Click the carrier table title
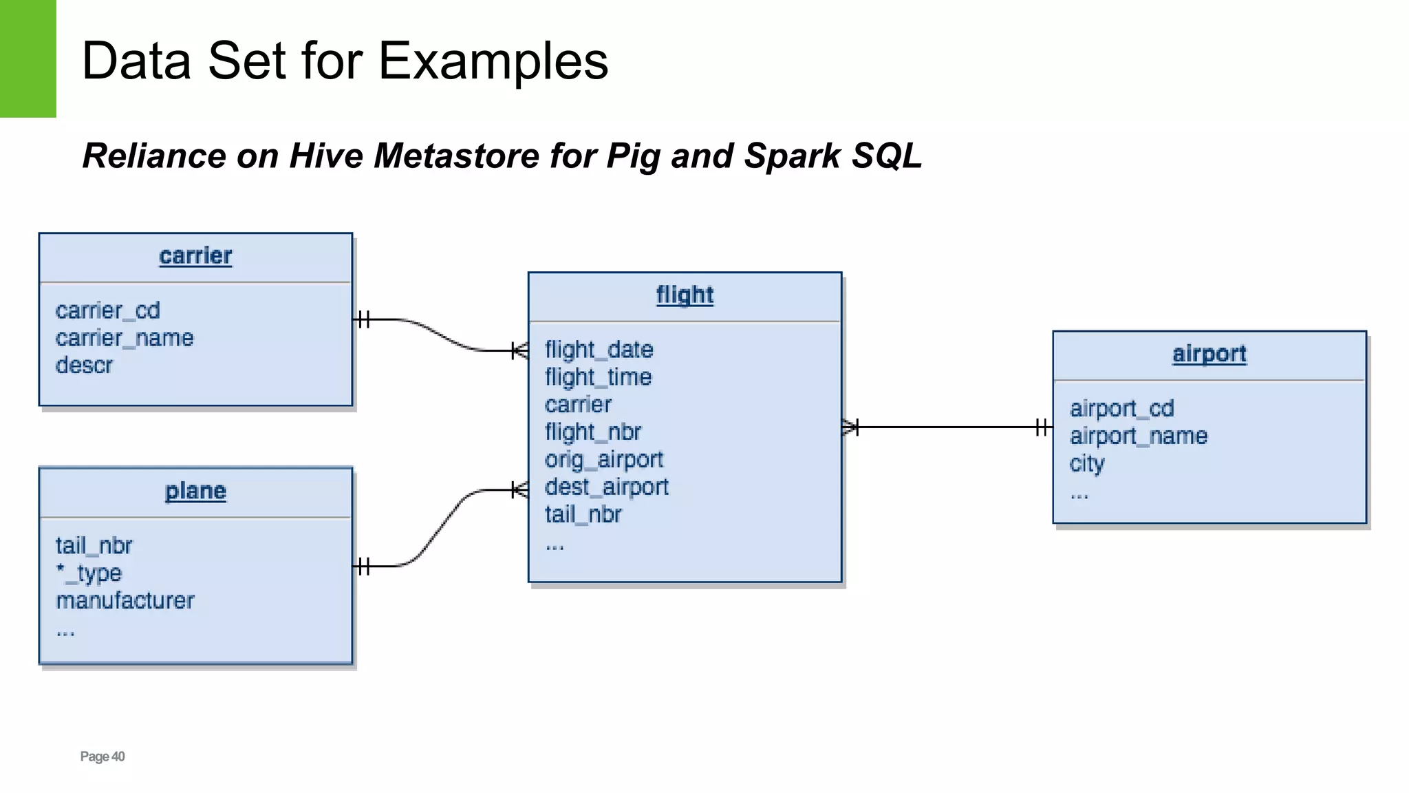point(195,256)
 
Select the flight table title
point(685,295)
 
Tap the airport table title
point(1209,354)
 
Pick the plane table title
point(195,491)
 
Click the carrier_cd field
point(108,310)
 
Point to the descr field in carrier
point(84,366)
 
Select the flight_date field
point(599,350)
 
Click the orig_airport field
point(603,460)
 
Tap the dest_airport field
point(606,487)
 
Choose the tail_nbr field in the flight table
point(583,515)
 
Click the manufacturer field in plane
point(125,601)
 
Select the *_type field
point(89,573)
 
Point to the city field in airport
point(1086,464)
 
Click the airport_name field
point(1138,436)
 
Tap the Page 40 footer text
point(103,757)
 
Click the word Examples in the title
point(493,61)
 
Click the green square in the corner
point(28,59)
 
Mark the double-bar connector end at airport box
point(1042,427)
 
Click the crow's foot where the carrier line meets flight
point(520,351)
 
